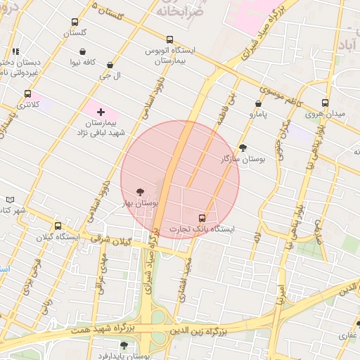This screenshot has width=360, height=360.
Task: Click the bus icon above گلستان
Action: click(75, 22)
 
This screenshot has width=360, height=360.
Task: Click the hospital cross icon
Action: click(101, 111)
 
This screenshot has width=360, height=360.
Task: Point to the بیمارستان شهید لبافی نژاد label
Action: click(101, 127)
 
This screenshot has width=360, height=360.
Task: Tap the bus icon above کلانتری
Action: click(27, 94)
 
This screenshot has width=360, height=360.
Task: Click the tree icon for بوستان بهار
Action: click(140, 191)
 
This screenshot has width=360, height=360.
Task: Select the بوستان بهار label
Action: click(141, 202)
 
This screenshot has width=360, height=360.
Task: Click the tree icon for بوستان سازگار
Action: click(243, 148)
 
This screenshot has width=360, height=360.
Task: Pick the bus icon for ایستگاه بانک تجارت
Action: click(202, 218)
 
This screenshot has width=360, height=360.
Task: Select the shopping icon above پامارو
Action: click(259, 103)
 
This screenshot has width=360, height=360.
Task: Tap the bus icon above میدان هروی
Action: click(325, 103)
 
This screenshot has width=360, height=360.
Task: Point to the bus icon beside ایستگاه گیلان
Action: click(58, 226)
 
